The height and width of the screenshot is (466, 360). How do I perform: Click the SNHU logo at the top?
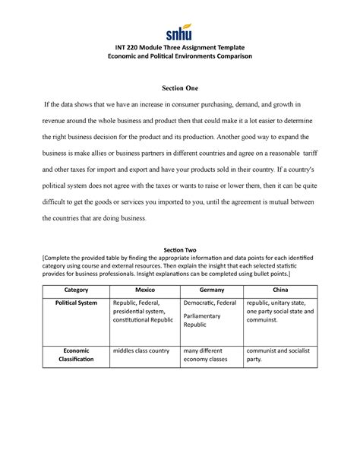pyautogui.click(x=179, y=33)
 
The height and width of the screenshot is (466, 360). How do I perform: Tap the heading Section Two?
pyautogui.click(x=180, y=249)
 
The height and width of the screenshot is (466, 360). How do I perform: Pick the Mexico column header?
pyautogui.click(x=145, y=290)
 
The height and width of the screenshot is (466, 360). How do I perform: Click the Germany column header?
pyautogui.click(x=212, y=290)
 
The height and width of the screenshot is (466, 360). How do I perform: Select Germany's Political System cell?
pyautogui.click(x=212, y=313)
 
